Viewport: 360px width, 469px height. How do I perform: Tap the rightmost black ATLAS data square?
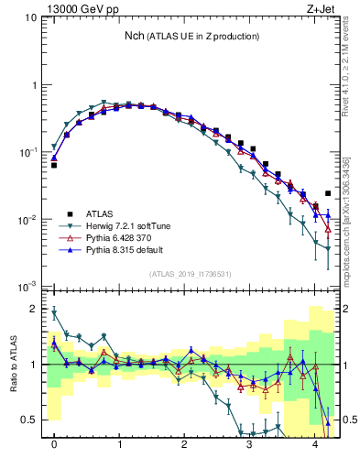tap(328, 193)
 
